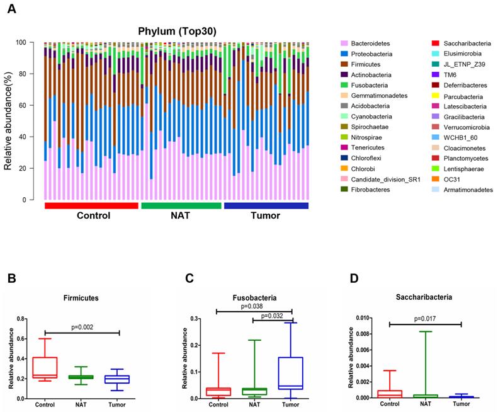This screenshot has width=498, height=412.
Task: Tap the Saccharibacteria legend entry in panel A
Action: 464,43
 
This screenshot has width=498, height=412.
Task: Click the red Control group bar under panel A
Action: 91,205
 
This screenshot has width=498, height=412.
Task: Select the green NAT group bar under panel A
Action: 181,205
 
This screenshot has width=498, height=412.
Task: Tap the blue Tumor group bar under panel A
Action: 266,205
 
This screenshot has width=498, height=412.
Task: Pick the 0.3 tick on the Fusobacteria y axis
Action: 200,319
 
